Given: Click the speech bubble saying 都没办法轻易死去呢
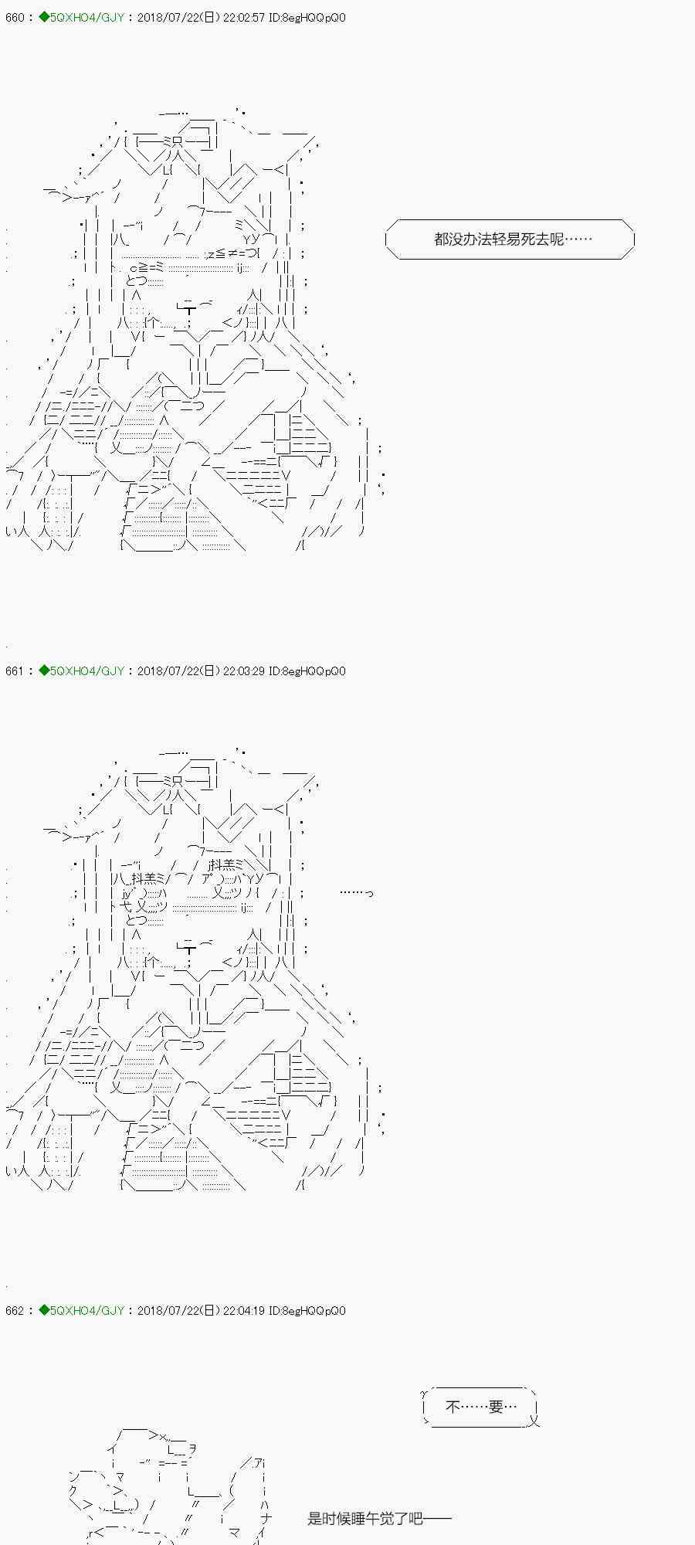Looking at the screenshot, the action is (x=510, y=239).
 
